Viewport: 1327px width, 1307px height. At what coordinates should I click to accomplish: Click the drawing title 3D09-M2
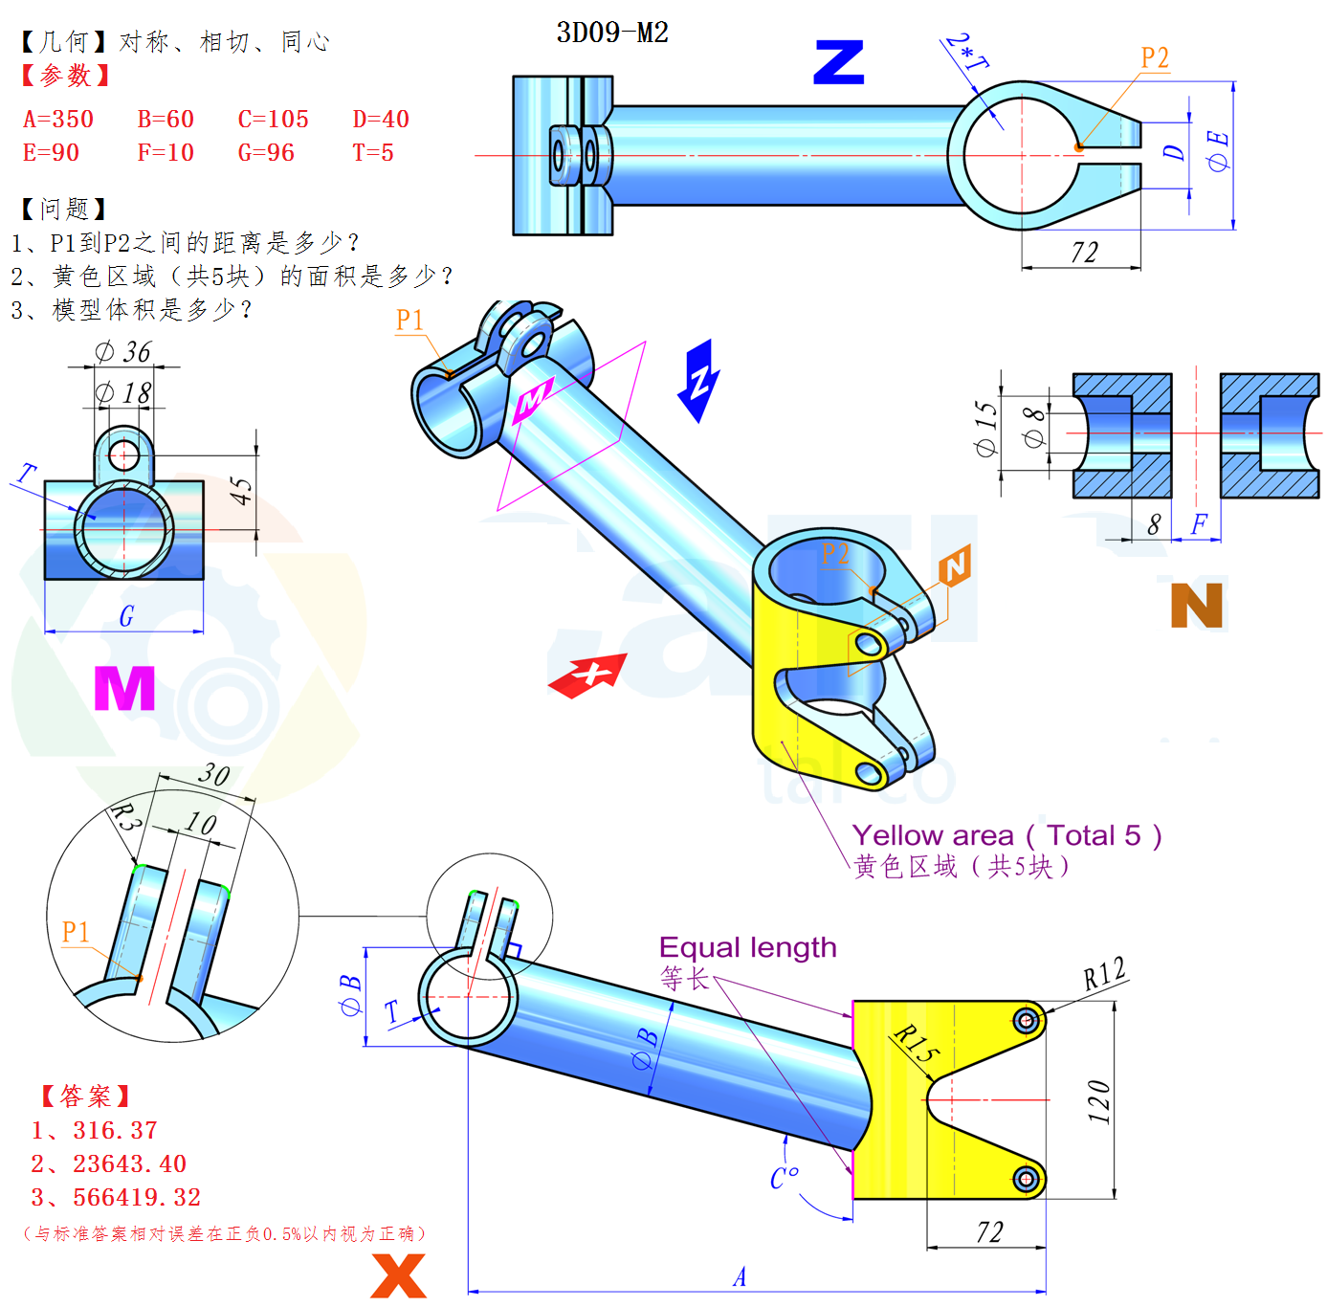611,33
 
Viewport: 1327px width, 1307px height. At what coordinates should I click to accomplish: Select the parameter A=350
57,120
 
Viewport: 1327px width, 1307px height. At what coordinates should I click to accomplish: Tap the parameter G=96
266,152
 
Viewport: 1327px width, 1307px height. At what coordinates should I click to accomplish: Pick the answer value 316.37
115,1130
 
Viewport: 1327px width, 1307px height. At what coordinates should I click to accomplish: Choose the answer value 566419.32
137,1197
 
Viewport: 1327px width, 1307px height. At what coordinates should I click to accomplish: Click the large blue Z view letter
838,62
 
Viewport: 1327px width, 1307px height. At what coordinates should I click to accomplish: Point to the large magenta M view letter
124,688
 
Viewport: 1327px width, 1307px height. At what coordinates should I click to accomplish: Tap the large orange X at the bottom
398,1275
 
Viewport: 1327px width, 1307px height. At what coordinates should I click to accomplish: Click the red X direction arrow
587,676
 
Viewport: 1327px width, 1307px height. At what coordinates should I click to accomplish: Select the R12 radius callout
1104,973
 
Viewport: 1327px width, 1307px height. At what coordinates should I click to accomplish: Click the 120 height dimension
1098,1101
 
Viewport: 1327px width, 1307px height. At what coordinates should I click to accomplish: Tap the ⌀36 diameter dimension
122,352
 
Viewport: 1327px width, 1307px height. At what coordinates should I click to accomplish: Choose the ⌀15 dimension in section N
985,429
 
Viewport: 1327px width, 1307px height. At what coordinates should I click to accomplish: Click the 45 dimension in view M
241,491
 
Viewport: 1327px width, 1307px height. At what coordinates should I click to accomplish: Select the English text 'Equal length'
747,948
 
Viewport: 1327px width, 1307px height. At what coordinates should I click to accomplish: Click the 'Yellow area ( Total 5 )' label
1006,835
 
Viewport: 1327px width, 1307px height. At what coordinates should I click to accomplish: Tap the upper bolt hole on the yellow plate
1026,1019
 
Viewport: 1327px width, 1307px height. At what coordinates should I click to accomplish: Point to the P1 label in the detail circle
76,932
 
